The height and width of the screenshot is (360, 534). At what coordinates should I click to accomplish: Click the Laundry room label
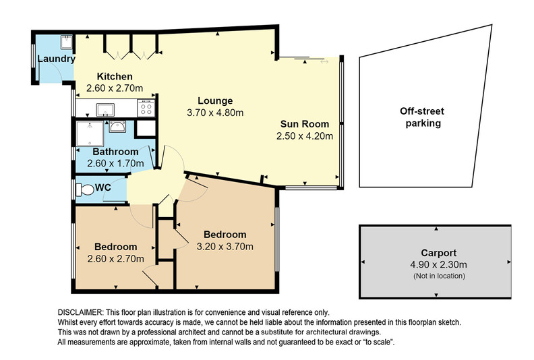56,59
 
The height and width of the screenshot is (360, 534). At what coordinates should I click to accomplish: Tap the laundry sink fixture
66,42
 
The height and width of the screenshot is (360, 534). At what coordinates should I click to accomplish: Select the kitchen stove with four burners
146,108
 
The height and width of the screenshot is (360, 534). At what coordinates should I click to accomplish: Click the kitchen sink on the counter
105,110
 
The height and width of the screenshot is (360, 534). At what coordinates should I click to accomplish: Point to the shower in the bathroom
90,133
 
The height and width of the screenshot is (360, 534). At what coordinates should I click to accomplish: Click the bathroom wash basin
117,127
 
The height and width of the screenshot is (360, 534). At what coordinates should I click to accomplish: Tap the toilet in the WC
85,189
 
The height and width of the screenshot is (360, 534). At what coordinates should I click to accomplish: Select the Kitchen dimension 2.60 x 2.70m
115,88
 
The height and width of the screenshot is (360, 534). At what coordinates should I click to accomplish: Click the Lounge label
215,101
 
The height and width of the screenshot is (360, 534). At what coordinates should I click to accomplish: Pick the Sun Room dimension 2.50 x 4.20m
305,136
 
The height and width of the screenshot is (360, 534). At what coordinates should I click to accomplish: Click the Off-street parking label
422,117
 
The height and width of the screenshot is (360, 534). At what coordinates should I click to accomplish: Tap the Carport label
439,253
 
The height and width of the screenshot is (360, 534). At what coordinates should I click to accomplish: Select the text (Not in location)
439,276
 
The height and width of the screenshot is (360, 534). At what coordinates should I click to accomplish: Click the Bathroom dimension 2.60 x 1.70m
115,163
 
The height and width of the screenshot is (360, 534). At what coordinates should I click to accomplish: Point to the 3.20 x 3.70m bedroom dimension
225,246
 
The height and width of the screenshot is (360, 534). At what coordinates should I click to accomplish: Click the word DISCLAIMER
80,312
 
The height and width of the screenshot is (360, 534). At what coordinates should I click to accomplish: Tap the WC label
103,187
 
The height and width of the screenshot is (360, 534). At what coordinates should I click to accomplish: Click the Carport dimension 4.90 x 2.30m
439,265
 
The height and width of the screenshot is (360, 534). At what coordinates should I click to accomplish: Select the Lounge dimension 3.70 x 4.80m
215,113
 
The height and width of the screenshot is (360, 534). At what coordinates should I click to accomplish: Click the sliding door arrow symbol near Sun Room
324,61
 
